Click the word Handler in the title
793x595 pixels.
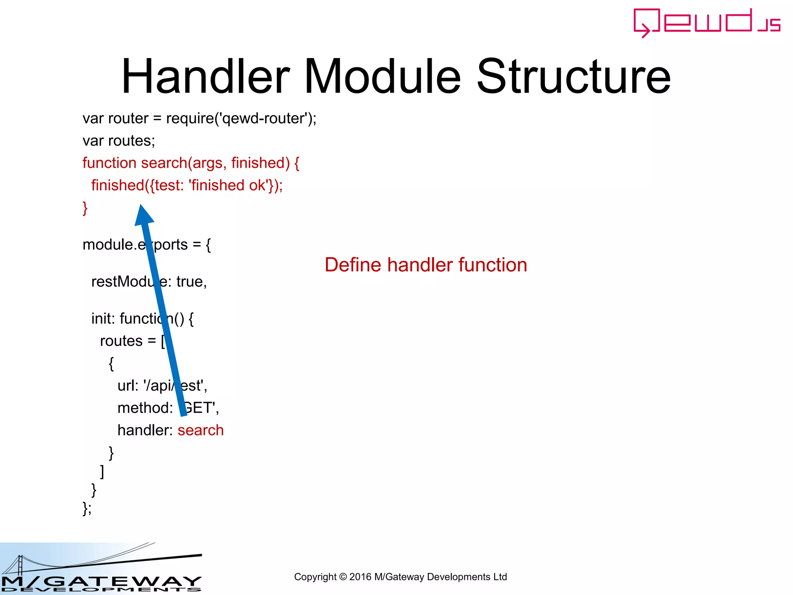(206, 76)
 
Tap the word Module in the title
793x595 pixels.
(382, 76)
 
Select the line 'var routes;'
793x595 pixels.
(118, 141)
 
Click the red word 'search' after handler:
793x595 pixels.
(201, 430)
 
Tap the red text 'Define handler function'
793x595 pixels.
(426, 265)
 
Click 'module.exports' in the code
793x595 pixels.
(135, 245)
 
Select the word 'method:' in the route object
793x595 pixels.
(145, 408)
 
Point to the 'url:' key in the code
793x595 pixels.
(128, 386)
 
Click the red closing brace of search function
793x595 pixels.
(85, 208)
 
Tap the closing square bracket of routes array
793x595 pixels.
(102, 471)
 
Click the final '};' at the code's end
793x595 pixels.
(87, 508)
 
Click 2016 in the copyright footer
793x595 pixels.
(360, 577)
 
